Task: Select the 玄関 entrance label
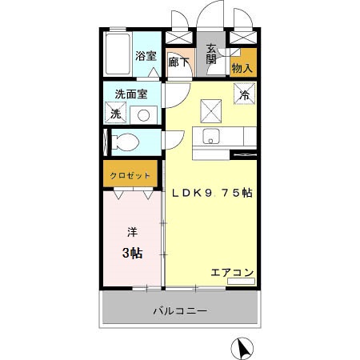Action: [x=211, y=53]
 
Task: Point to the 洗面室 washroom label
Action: [x=131, y=94]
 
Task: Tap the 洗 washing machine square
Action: [x=115, y=114]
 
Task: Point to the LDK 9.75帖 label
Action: [x=208, y=192]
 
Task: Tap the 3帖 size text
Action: [x=132, y=254]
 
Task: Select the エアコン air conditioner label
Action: [x=232, y=272]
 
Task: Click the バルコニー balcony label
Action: [x=180, y=310]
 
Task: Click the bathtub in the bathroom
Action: [x=118, y=52]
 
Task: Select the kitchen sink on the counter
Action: [x=213, y=134]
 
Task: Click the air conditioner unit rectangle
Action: [x=240, y=282]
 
